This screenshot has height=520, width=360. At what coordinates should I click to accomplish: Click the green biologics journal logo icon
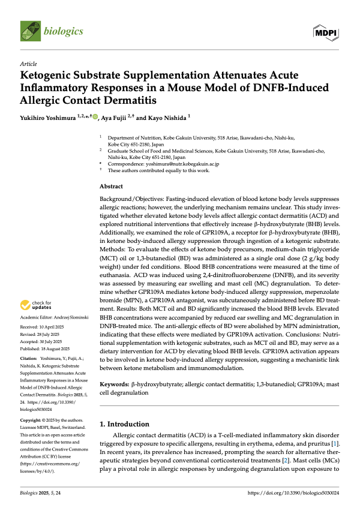pos(29,29)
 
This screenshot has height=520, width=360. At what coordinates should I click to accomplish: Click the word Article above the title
pos(28,63)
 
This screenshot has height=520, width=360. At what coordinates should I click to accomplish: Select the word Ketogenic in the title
pos(50,76)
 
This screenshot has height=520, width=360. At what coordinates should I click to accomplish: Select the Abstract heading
pos(111,187)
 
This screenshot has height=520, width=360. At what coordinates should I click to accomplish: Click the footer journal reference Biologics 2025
pos(39,509)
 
